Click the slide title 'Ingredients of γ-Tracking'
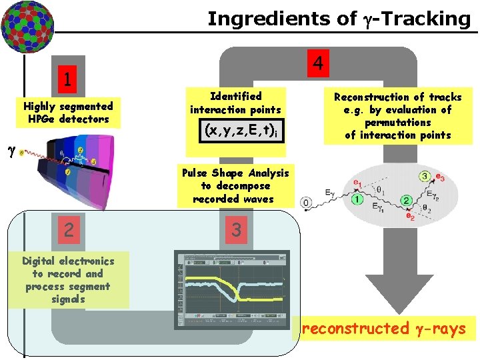pos(339,18)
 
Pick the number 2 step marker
pos(68,230)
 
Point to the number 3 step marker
pos(235,230)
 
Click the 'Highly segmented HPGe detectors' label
pos(68,113)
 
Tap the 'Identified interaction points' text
pos(235,103)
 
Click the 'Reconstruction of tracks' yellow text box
pos(397,116)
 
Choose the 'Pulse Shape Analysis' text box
pos(235,186)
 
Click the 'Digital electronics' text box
pos(68,280)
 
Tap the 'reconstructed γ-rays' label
pos(383,328)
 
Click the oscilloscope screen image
pos(232,290)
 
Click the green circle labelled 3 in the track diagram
pos(424,176)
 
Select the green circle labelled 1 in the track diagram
pos(357,199)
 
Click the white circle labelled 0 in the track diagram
pos(306,201)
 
